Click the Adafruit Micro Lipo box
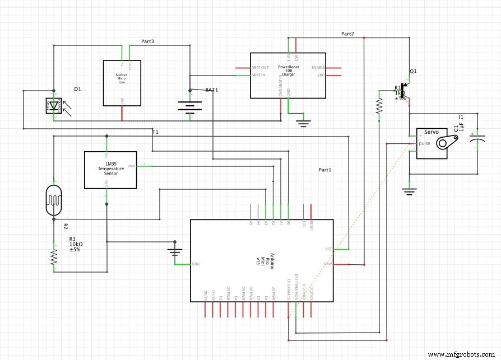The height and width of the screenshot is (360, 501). [122, 83]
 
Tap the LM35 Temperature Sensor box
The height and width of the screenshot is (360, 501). [110, 170]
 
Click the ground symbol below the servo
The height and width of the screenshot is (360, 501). [410, 192]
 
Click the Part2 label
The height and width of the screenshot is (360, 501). [347, 34]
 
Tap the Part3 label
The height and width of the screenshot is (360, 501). [147, 41]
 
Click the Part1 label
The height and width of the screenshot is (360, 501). [325, 169]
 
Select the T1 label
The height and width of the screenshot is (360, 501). [155, 132]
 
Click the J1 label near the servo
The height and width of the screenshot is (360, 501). [461, 116]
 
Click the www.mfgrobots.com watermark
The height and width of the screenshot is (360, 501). [461, 354]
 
